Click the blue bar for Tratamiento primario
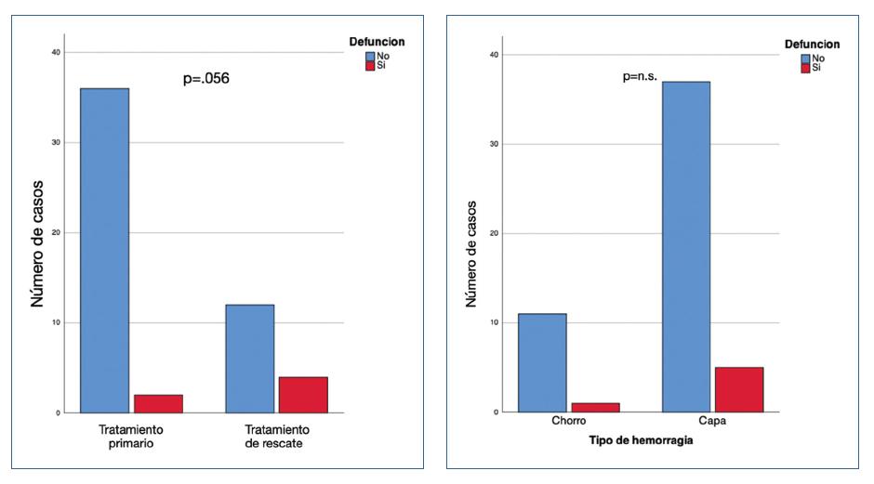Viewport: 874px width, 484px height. click(x=104, y=250)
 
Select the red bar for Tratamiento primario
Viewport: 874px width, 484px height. click(x=157, y=403)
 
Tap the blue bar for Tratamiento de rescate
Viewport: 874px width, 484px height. click(x=249, y=358)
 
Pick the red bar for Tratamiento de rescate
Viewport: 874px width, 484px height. click(x=303, y=394)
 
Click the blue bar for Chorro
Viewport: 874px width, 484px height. click(x=542, y=362)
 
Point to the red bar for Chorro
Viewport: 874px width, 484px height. click(x=595, y=407)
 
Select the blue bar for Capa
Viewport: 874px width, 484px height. click(x=686, y=246)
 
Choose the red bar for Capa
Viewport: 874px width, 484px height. click(x=739, y=389)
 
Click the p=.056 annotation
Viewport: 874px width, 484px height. click(x=205, y=79)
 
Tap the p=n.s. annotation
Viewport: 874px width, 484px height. click(x=640, y=77)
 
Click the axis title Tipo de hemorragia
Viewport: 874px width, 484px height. click(x=641, y=440)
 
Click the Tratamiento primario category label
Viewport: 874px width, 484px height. click(x=130, y=437)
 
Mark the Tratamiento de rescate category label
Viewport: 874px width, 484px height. click(x=276, y=437)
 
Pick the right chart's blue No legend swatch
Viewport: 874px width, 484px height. click(x=805, y=58)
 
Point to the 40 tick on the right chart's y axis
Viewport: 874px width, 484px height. click(x=493, y=55)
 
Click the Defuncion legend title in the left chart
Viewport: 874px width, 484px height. click(x=377, y=42)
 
